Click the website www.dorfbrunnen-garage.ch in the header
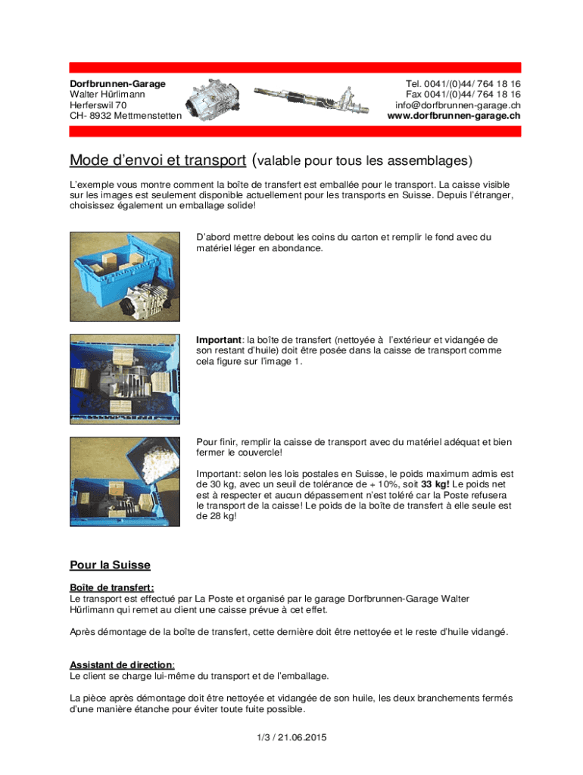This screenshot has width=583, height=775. (x=454, y=116)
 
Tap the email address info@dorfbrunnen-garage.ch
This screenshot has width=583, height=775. (x=457, y=105)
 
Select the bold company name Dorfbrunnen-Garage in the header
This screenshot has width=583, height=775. (x=117, y=83)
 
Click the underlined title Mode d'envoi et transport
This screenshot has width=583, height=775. (x=157, y=160)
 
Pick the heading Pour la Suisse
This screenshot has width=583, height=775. (x=110, y=565)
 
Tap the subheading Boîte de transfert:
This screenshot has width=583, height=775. (x=112, y=587)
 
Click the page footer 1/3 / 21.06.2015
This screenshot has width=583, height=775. (x=291, y=737)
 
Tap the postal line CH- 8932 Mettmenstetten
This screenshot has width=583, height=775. (x=126, y=116)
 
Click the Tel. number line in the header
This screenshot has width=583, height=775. (x=463, y=83)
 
